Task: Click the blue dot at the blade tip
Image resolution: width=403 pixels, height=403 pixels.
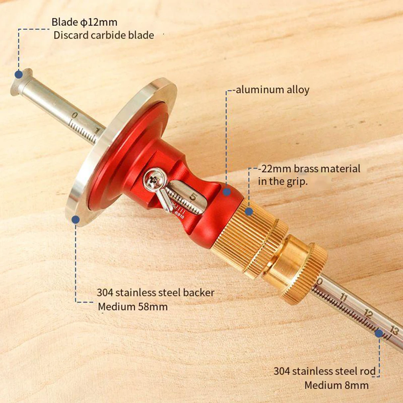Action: point(18,74)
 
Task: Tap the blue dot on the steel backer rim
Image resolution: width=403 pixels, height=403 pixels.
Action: point(75,219)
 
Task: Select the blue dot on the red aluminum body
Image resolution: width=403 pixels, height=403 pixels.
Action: point(227,192)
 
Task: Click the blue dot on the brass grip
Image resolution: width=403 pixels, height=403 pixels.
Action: point(249,211)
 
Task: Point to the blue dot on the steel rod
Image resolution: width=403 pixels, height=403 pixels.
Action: point(379,333)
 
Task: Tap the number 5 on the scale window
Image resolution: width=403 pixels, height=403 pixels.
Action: point(194,197)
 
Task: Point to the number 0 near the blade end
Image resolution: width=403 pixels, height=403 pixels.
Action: point(74,116)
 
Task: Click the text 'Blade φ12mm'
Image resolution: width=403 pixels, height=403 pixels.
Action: point(84,22)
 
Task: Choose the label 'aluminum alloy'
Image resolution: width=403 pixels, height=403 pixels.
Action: point(272,89)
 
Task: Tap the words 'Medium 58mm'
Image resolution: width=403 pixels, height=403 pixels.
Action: point(133,307)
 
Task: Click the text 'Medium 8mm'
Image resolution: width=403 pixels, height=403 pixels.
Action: point(336,385)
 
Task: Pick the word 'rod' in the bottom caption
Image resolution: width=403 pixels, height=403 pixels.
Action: point(368,371)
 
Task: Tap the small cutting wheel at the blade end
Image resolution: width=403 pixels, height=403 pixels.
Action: point(16,83)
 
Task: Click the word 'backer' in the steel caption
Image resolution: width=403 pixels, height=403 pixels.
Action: point(198,293)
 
